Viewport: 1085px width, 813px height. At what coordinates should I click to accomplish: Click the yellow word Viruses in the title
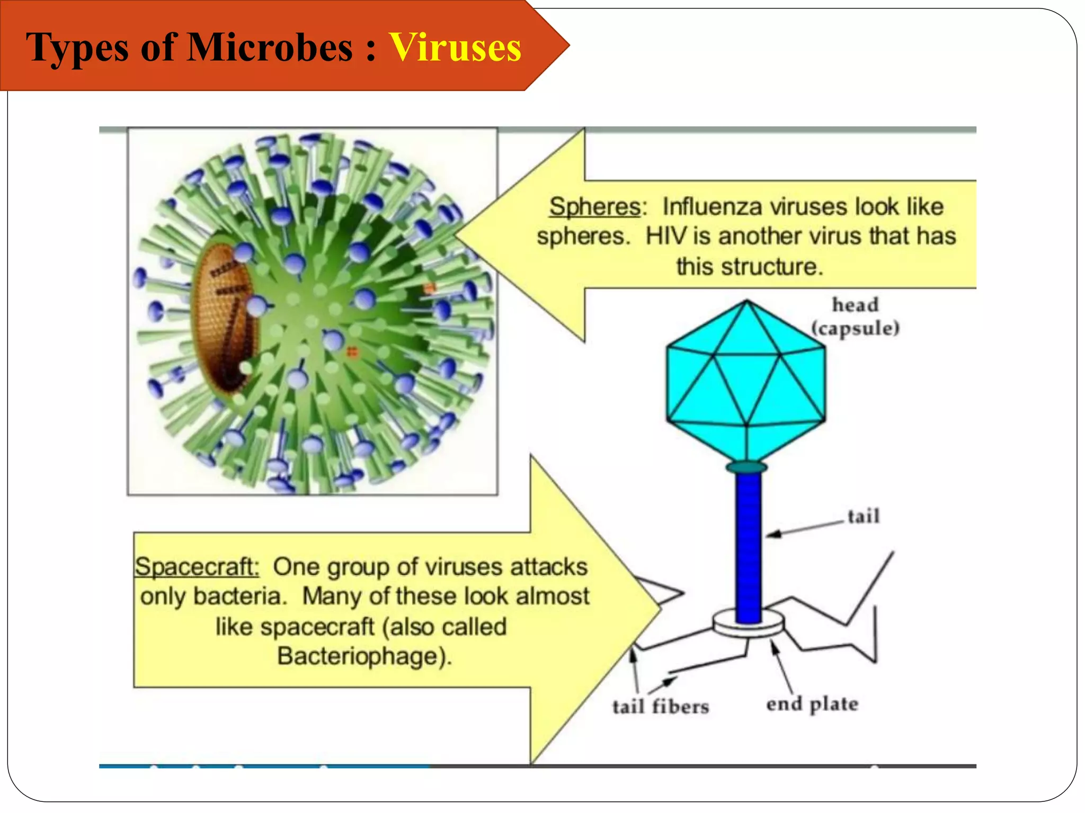tap(455, 48)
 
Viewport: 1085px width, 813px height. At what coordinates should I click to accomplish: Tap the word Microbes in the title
tap(270, 48)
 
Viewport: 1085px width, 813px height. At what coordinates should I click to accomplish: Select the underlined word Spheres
tap(594, 206)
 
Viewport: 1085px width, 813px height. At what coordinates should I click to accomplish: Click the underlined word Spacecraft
tap(197, 567)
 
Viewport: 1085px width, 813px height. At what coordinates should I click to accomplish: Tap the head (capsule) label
tap(855, 317)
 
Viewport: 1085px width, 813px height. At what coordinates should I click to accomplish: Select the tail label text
tap(863, 516)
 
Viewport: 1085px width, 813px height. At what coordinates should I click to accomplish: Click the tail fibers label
tap(660, 707)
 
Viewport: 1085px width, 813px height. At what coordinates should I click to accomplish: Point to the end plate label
tap(812, 704)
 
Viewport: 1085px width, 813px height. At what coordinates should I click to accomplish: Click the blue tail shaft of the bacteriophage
tap(748, 545)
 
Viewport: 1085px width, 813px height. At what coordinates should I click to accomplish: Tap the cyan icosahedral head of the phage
tap(746, 381)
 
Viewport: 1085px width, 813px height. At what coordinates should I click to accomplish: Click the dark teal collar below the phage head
tap(746, 467)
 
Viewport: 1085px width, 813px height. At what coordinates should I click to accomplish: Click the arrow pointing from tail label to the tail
tap(805, 528)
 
